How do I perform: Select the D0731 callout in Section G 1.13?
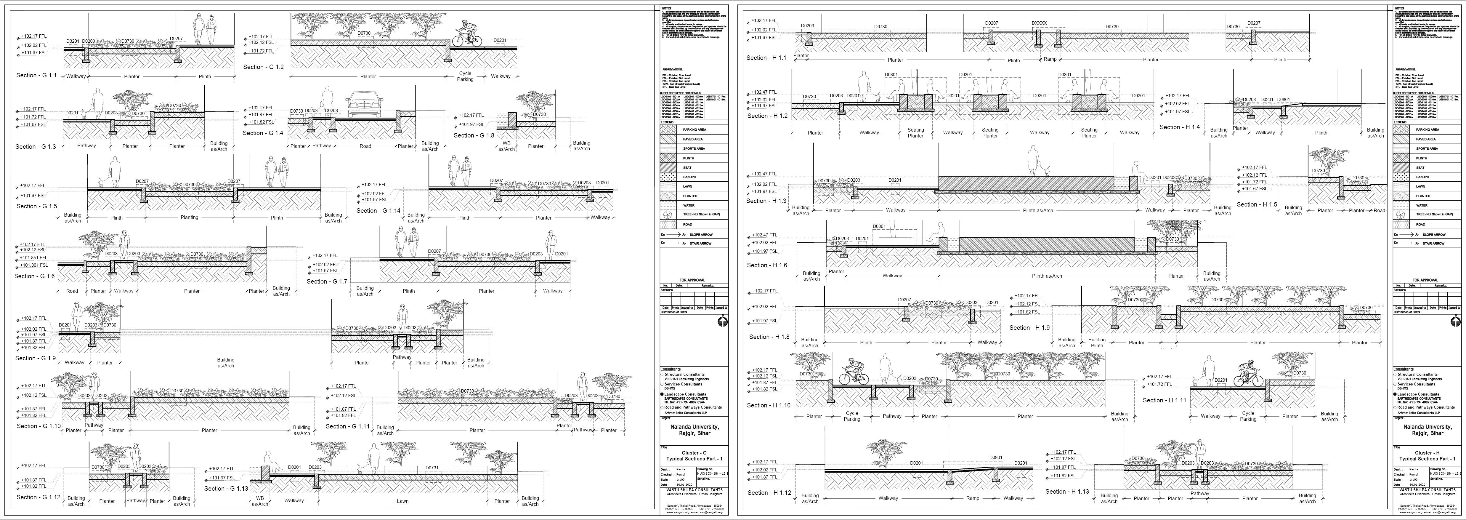click(x=432, y=468)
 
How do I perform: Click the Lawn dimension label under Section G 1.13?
click(x=402, y=501)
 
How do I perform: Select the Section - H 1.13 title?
click(x=1066, y=492)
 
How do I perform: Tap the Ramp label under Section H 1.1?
click(x=1050, y=59)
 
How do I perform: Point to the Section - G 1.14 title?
click(x=378, y=211)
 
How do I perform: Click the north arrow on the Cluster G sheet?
click(x=722, y=321)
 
